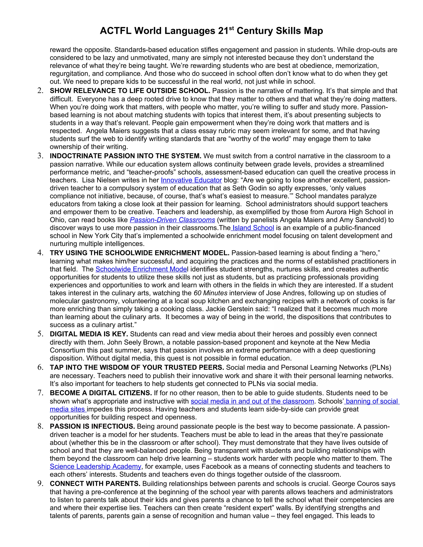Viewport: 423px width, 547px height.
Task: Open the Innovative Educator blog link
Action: [191, 180]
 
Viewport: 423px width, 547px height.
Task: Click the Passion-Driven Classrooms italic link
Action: [172, 220]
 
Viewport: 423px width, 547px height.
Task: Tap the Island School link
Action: [253, 228]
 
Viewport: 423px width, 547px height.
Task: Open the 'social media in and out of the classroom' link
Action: [252, 401]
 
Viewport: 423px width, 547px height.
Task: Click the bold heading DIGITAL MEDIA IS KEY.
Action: [89, 334]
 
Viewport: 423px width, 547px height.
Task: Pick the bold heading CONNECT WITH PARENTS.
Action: [95, 484]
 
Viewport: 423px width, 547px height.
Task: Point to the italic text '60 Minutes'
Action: [210, 293]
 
